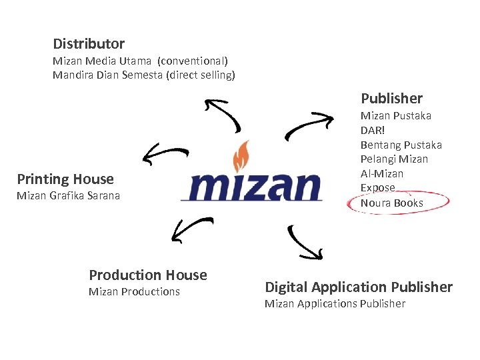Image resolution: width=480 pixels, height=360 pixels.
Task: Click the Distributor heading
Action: point(89,44)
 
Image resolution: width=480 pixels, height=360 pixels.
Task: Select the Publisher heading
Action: point(391,99)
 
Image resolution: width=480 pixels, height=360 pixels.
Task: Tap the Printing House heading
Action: point(65,179)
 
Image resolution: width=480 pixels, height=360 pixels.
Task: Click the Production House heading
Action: point(148,275)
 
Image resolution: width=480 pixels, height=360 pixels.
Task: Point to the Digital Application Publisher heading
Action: point(359,287)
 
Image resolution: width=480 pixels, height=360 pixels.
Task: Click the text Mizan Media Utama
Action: point(102,61)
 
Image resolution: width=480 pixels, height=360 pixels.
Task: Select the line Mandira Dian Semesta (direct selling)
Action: point(143,75)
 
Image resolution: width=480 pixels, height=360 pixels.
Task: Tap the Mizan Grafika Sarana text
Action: point(68,196)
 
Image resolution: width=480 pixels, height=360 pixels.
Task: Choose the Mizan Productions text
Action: point(134,291)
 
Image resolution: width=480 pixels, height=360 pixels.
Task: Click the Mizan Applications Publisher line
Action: point(335,304)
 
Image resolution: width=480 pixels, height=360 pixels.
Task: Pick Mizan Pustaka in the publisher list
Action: point(395,116)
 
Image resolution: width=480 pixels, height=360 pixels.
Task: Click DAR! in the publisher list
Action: point(373,130)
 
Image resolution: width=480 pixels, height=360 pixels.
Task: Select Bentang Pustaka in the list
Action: point(401,145)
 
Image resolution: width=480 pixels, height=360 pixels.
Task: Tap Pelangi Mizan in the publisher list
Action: point(394,159)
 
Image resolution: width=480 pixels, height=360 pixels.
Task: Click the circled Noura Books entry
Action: point(391,203)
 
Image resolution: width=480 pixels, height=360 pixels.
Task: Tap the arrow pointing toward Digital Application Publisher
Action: point(305,243)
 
